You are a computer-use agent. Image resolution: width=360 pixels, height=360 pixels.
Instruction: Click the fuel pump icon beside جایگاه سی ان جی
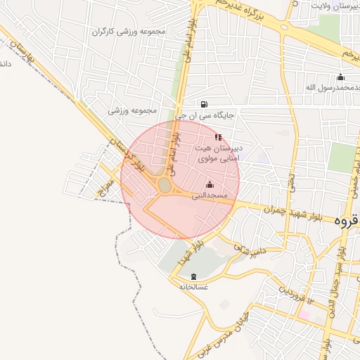[204, 104]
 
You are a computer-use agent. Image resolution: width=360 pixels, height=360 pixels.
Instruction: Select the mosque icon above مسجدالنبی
[210, 185]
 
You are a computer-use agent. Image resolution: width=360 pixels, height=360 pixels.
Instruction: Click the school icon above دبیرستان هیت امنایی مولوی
[218, 137]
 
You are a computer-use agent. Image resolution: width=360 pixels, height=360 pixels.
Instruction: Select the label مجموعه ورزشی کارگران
[133, 32]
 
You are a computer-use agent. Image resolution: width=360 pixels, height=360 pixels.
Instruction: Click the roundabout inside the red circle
[165, 185]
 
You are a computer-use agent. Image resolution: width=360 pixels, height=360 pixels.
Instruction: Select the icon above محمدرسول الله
[341, 77]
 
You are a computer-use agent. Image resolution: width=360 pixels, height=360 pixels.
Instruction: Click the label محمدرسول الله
[330, 87]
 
